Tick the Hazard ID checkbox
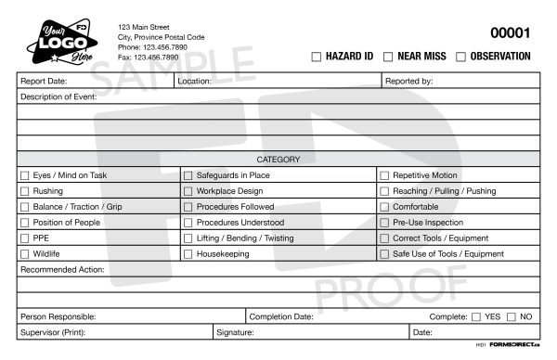pos(317,57)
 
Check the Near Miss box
pos(388,57)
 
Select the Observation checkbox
pos(460,57)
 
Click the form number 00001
pos(510,33)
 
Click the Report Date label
pos(44,82)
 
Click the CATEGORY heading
pos(278,160)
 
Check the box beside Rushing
pos(25,191)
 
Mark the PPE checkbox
pos(25,238)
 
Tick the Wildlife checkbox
pos(25,254)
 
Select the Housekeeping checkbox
pos(188,254)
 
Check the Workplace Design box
pos(188,191)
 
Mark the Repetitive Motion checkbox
pos(385,175)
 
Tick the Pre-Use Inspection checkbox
pos(385,223)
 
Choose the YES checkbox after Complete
pos(476,316)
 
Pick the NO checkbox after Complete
pos(512,316)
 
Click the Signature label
pos(235,332)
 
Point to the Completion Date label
pos(281,316)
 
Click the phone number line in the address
pos(152,46)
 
